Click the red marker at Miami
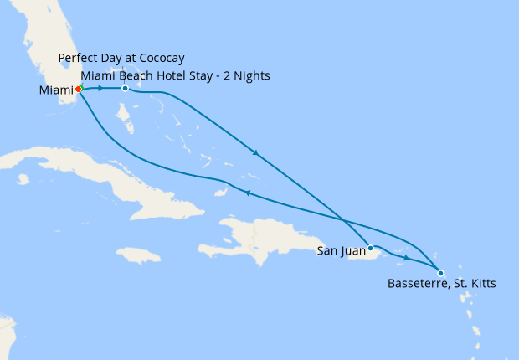pos(78,89)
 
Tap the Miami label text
pos(57,90)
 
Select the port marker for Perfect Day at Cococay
pos(125,89)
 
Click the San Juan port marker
pos(370,248)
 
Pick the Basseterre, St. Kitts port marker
pos(440,271)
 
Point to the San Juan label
pos(340,250)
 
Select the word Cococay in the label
pos(161,58)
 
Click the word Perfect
pos(79,58)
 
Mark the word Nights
pos(251,75)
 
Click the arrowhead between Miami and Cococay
pos(100,88)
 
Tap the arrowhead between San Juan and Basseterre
pos(407,258)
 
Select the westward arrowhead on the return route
pos(247,193)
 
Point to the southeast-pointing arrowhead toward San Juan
pos(254,153)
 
